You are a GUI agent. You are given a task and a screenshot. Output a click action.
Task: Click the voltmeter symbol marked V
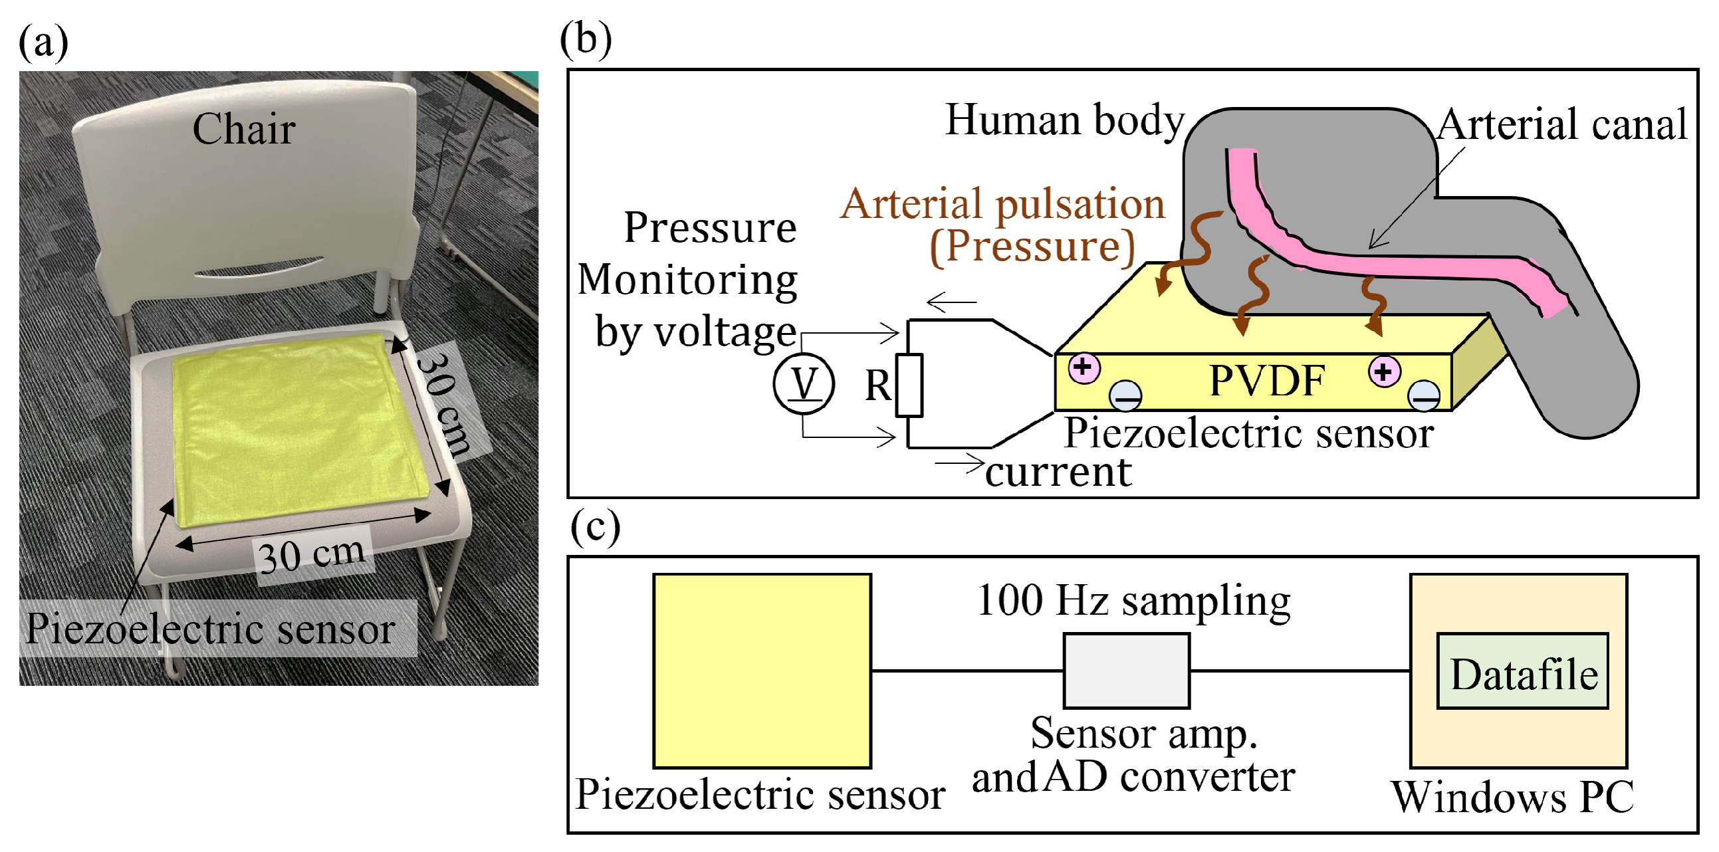(x=803, y=383)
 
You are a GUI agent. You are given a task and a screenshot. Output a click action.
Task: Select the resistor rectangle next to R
(x=908, y=385)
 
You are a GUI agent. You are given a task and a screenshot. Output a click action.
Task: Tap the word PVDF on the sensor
(x=1266, y=381)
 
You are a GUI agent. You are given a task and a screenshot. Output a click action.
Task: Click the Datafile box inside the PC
(x=1522, y=672)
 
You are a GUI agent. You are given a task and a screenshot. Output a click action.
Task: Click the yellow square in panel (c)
(x=761, y=671)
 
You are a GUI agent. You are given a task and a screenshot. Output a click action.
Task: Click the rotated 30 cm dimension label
(x=444, y=403)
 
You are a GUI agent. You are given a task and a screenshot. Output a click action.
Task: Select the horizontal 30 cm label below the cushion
(x=312, y=554)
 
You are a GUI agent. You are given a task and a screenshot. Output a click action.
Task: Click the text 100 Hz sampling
(x=1133, y=601)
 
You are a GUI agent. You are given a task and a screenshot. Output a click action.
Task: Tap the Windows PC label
(x=1512, y=797)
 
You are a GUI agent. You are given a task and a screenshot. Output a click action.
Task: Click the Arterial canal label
(x=1561, y=125)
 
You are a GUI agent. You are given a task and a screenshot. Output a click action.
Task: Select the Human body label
(x=1064, y=121)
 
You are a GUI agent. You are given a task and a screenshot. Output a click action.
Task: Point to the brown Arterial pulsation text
(x=1002, y=203)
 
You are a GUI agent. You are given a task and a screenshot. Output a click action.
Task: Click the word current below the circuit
(x=1058, y=473)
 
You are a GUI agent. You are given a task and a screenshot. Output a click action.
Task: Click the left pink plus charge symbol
(x=1083, y=367)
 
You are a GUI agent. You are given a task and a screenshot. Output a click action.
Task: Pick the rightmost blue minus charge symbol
(x=1423, y=395)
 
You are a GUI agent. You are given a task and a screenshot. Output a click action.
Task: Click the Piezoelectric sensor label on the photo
(x=210, y=629)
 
